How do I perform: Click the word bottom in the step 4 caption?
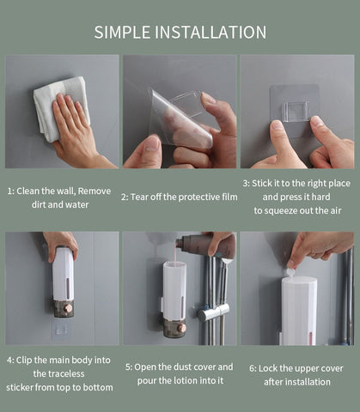coord(96,387)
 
